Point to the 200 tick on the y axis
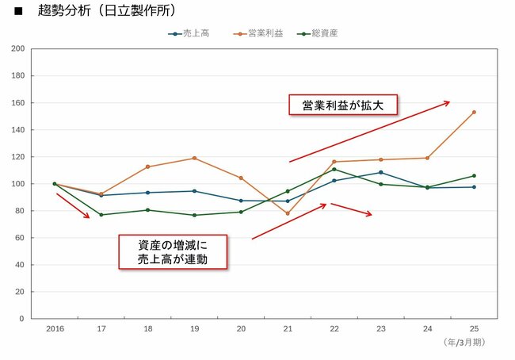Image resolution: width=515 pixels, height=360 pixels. pos(17,49)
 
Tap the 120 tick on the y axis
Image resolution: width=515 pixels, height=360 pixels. pos(17,157)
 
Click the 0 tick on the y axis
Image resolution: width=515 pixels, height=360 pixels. pos(21,319)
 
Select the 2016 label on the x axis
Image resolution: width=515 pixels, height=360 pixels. pos(55,328)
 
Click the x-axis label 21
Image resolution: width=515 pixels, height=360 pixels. pos(288,328)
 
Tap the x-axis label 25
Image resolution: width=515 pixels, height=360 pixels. pos(474,328)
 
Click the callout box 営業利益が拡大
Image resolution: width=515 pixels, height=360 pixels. pos(342,105)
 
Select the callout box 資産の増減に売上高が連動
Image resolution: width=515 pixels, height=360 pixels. pos(173,251)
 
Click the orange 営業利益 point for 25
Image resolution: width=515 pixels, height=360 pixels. pos(474,112)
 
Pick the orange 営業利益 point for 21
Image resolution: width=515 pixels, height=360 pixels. pos(288,213)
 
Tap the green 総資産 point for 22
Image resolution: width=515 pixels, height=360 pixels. pos(334,169)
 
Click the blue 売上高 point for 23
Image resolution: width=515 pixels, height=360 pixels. pos(381,172)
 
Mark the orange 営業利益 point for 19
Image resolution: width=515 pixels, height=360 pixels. pos(194,158)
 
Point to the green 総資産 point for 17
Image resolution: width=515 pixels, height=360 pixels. pos(101,215)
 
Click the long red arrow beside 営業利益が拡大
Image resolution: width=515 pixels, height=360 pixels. pos(369,132)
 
